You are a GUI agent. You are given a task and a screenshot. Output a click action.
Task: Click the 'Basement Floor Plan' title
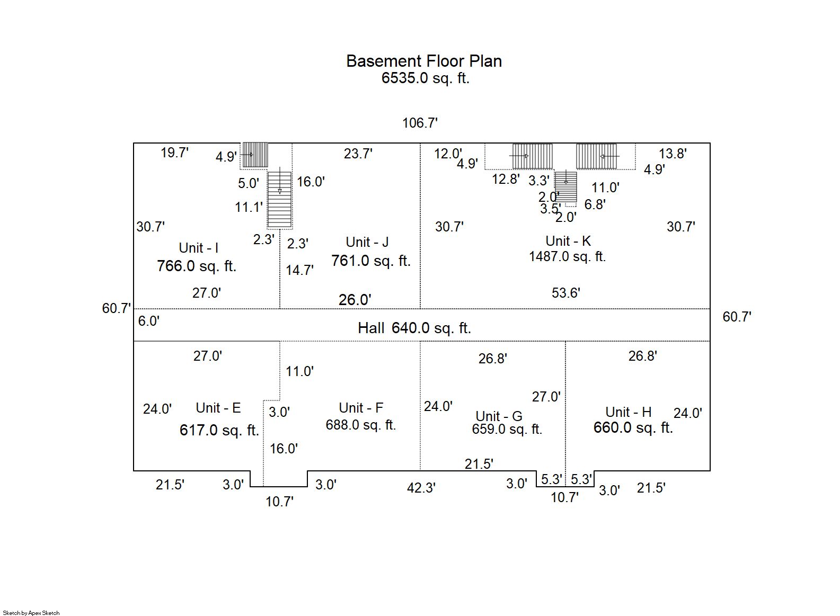423,61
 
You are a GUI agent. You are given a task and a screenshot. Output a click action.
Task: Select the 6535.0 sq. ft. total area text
425,78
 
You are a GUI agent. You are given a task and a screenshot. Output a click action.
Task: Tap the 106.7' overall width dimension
420,123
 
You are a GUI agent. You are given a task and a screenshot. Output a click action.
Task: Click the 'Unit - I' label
198,248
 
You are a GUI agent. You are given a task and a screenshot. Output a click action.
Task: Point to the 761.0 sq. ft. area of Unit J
370,261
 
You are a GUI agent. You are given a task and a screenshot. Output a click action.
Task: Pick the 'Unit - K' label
568,241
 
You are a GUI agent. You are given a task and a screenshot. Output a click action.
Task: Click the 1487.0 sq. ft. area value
567,257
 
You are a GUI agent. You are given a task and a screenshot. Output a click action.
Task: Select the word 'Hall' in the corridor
371,328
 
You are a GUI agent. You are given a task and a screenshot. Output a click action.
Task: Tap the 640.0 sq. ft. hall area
431,328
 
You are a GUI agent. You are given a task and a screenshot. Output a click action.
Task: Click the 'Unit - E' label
218,408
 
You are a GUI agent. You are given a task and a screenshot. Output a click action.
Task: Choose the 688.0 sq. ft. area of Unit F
360,425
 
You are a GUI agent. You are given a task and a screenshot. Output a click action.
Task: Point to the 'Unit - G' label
499,416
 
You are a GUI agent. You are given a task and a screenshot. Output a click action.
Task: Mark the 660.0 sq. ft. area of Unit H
633,427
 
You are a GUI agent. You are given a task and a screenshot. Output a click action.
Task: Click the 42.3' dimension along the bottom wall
421,488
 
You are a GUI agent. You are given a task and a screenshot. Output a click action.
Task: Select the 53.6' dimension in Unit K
565,293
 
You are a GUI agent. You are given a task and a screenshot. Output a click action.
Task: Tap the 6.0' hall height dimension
148,321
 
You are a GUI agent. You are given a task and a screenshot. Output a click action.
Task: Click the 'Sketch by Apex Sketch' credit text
31,613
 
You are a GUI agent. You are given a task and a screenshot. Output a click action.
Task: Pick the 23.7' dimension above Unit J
358,154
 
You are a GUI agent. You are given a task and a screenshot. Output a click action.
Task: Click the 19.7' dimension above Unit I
174,153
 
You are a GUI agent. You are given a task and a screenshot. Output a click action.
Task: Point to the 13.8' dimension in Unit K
673,154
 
